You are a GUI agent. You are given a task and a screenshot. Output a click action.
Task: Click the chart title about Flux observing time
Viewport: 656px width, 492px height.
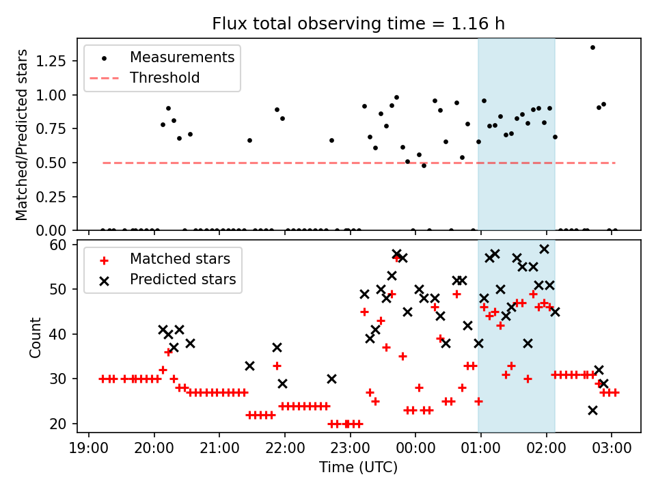point(359,25)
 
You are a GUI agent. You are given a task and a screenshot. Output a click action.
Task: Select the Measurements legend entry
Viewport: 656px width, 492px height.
point(182,57)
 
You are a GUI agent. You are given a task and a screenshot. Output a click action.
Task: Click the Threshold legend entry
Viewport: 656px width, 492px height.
point(165,78)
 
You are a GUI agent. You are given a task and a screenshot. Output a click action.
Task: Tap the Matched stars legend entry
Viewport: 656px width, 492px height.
point(180,259)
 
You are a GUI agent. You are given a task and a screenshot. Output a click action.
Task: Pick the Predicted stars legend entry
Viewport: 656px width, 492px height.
point(182,279)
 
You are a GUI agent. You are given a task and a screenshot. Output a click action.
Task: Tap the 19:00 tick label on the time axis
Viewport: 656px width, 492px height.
point(89,449)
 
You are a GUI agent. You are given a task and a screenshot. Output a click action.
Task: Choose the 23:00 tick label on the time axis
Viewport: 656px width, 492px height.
point(350,449)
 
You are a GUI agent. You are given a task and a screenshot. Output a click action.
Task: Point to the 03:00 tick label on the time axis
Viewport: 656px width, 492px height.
point(612,449)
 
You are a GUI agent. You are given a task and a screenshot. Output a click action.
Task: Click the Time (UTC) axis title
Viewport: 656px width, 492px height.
point(359,468)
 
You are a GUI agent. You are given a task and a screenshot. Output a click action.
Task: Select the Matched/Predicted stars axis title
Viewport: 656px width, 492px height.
point(23,135)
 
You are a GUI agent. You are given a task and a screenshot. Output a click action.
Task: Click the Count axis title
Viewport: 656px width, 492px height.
point(36,337)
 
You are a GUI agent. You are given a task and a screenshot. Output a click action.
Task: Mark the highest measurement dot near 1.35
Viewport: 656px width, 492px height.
point(592,47)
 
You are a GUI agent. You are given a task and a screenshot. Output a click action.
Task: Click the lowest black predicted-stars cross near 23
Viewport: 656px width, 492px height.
point(592,410)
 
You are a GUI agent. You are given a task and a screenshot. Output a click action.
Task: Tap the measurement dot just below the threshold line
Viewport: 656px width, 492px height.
point(424,165)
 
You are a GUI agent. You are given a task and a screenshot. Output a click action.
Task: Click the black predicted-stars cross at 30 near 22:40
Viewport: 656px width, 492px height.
point(331,379)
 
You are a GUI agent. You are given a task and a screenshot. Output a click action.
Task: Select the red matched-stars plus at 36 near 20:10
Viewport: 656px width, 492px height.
point(168,352)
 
